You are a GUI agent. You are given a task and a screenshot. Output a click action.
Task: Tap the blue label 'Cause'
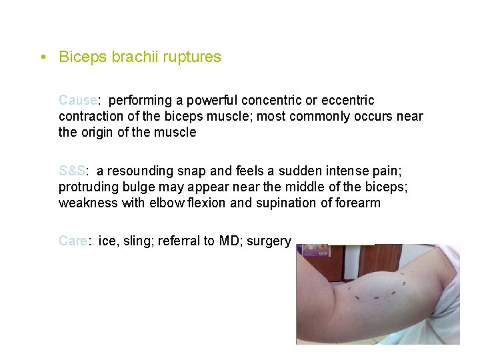click(77, 101)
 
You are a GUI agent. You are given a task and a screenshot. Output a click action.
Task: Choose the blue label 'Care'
click(73, 241)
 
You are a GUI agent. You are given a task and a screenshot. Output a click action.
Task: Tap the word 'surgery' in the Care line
click(269, 241)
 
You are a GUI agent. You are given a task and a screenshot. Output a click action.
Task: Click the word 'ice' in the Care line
click(107, 241)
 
